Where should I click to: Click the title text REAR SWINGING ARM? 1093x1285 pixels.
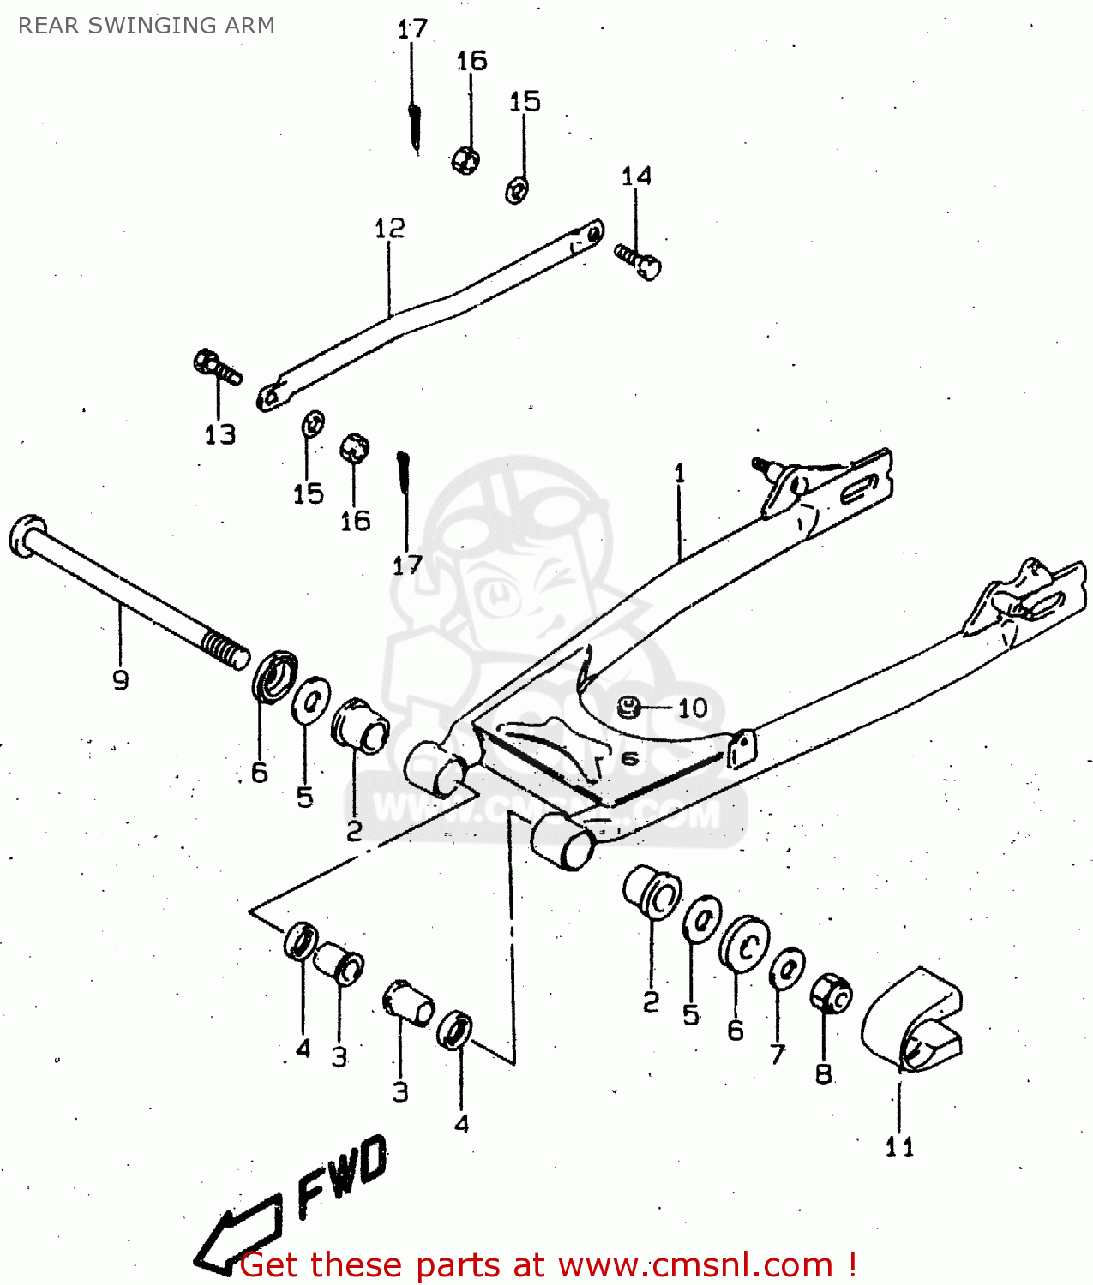click(146, 26)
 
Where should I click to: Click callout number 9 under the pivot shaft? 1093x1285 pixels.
click(121, 680)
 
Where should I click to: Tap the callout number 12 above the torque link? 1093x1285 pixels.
click(389, 229)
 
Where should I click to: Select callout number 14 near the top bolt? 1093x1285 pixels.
click(636, 176)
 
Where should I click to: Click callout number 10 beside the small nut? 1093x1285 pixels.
click(693, 708)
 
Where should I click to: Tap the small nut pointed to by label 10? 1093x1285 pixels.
click(629, 708)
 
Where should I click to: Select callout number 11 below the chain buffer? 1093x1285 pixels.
click(899, 1146)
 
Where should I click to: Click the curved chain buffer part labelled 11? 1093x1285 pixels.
click(911, 1019)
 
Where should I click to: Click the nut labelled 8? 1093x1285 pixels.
click(830, 994)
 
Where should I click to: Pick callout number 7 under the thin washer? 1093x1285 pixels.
click(778, 1054)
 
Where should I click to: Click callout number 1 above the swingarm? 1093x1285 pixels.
click(680, 473)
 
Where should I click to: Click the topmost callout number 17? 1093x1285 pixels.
click(412, 29)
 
